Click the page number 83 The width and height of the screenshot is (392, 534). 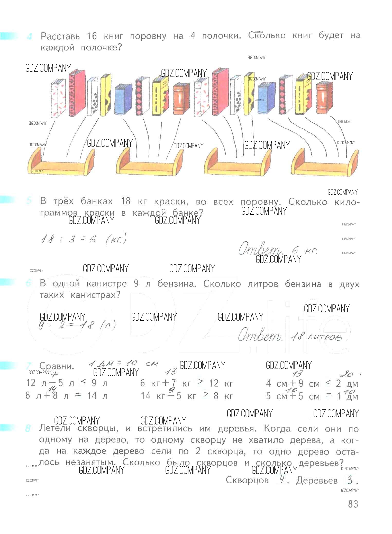pos(353,504)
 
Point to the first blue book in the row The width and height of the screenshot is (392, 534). pos(123,99)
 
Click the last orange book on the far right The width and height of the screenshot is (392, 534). pos(324,98)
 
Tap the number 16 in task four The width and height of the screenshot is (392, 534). pos(92,37)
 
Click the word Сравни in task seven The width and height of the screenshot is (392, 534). pos(57,366)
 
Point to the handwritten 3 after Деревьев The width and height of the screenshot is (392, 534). pos(349,480)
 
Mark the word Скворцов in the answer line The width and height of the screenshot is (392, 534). pos(247,480)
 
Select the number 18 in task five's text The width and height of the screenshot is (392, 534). pos(125,201)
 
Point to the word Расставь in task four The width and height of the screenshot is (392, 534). pos(60,37)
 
